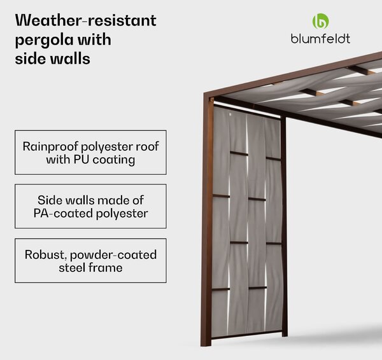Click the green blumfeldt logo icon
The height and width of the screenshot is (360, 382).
point(321,21)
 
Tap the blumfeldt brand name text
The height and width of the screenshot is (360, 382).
point(320,39)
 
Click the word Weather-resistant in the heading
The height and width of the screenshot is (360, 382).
point(85,20)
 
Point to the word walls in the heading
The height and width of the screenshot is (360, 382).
point(70,59)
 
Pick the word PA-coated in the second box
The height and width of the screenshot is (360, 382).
point(63,213)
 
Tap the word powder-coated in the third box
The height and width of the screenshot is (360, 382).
point(113,255)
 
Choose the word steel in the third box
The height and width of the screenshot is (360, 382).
point(72,268)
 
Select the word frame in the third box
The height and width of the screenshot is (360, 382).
point(106,268)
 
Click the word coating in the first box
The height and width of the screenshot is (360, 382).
point(114,160)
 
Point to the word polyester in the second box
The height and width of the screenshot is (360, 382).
point(122,214)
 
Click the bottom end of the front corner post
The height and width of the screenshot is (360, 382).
point(206,345)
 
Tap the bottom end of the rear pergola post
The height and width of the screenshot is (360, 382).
point(285,335)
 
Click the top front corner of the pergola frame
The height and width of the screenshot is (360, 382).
point(204,93)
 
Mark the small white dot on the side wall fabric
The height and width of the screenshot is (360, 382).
point(230,114)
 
